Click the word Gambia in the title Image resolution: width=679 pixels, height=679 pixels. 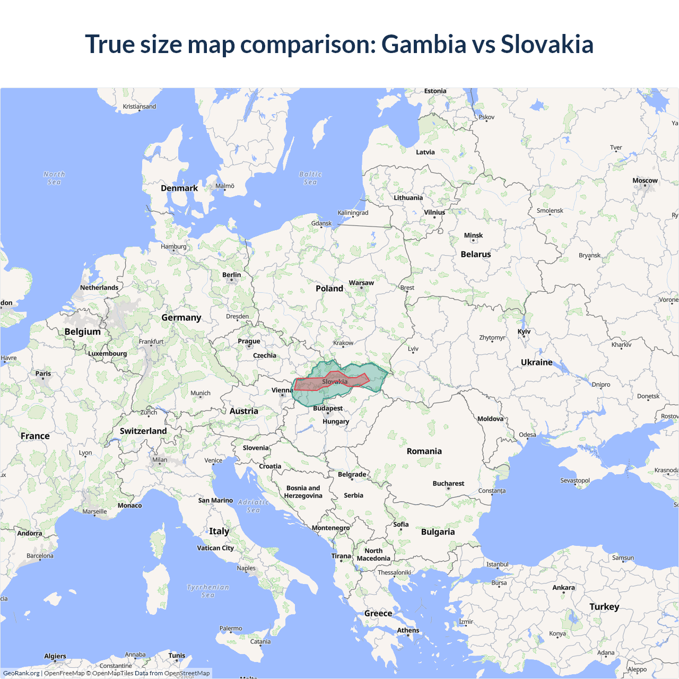pyautogui.click(x=423, y=44)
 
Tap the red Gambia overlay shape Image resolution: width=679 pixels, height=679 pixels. pyautogui.click(x=308, y=385)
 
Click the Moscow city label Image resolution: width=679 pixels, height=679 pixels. pyautogui.click(x=645, y=181)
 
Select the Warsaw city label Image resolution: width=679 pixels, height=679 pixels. pyautogui.click(x=361, y=283)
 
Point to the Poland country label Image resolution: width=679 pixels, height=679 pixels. pyautogui.click(x=329, y=289)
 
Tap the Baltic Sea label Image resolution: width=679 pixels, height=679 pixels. pyautogui.click(x=310, y=178)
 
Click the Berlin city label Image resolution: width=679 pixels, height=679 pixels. pyautogui.click(x=231, y=275)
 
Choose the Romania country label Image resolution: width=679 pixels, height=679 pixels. pyautogui.click(x=424, y=451)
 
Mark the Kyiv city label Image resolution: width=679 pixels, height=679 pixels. pyautogui.click(x=524, y=332)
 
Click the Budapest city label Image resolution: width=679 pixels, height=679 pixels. pyautogui.click(x=328, y=408)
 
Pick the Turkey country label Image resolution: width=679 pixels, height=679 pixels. pyautogui.click(x=604, y=607)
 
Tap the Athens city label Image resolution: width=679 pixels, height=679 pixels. pyautogui.click(x=408, y=630)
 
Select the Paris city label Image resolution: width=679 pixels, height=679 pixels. pyautogui.click(x=43, y=373)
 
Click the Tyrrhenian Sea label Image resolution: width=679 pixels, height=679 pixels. pyautogui.click(x=208, y=591)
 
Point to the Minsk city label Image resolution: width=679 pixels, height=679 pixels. pyautogui.click(x=473, y=236)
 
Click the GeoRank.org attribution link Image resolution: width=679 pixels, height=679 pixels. pyautogui.click(x=21, y=673)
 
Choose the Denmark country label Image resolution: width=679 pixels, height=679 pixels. pyautogui.click(x=179, y=188)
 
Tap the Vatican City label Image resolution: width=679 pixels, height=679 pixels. pyautogui.click(x=215, y=548)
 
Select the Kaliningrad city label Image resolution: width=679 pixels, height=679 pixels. pyautogui.click(x=353, y=213)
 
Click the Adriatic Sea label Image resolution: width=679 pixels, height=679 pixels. pyautogui.click(x=254, y=506)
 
